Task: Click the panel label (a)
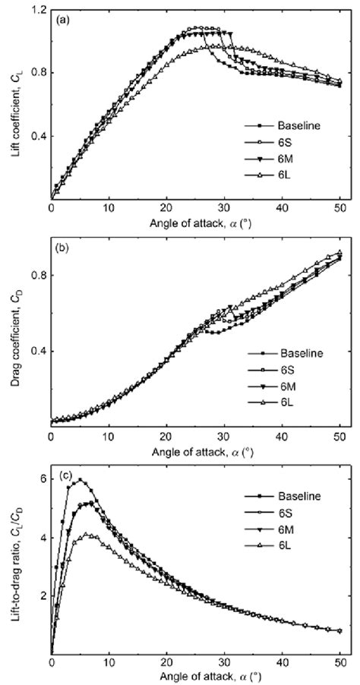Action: (63, 21)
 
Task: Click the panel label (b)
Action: (63, 245)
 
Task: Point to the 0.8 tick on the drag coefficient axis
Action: (38, 276)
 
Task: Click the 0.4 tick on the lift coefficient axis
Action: (38, 137)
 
